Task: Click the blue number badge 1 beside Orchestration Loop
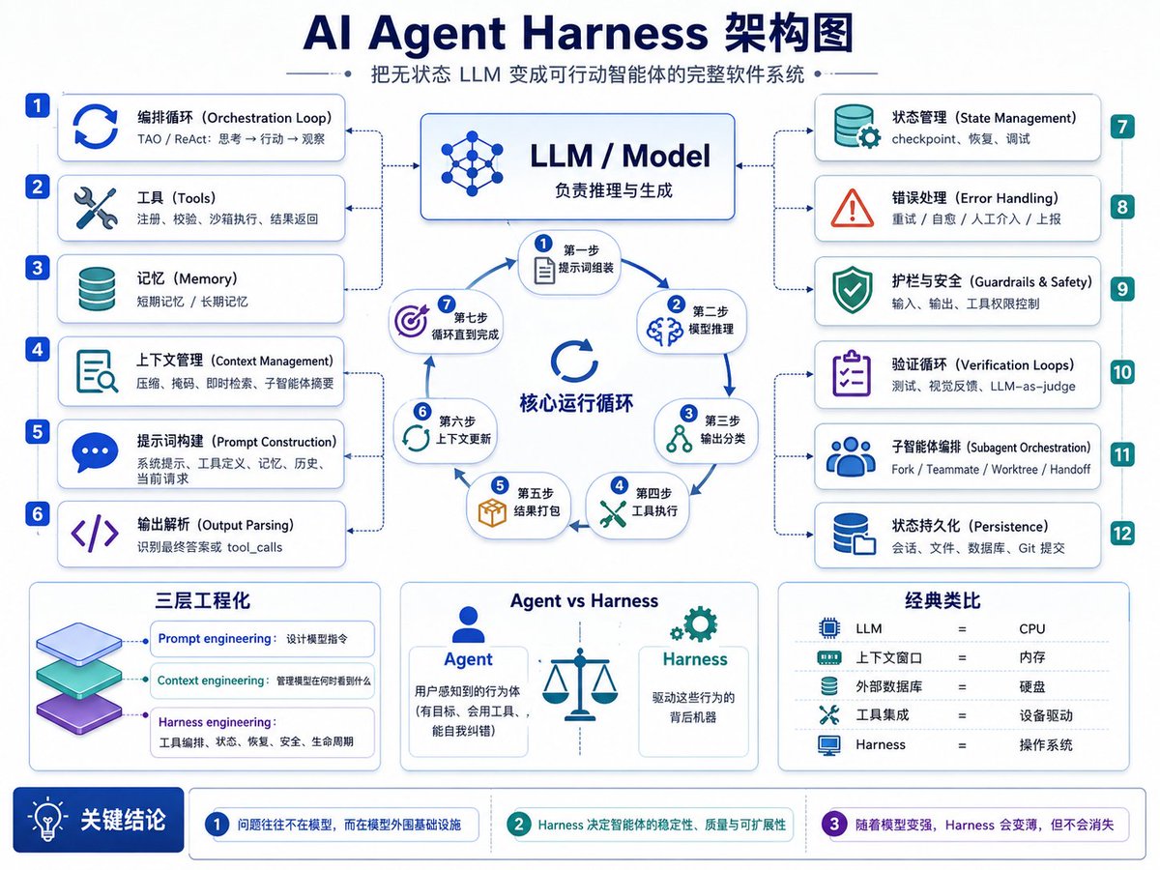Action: click(38, 105)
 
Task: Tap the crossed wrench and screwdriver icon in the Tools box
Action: click(95, 209)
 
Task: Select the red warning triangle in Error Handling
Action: click(852, 208)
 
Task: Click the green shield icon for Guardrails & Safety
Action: click(852, 289)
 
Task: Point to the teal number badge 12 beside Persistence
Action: click(1122, 534)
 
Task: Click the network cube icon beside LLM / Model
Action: click(472, 163)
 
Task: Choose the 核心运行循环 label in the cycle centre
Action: click(576, 403)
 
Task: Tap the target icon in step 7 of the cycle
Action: click(412, 321)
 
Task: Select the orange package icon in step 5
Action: click(492, 512)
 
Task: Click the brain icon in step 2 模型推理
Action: click(665, 332)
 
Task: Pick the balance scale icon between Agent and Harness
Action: click(580, 684)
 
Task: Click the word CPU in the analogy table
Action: click(1031, 629)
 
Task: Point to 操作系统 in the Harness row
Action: click(1045, 745)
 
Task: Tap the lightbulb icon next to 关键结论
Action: click(47, 820)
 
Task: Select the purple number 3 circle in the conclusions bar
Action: click(834, 824)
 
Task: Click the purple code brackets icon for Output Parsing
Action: click(95, 535)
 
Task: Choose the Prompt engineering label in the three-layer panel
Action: click(215, 639)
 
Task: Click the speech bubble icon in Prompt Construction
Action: click(95, 452)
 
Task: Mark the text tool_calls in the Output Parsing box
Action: click(255, 548)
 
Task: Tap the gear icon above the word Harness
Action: click(694, 624)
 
